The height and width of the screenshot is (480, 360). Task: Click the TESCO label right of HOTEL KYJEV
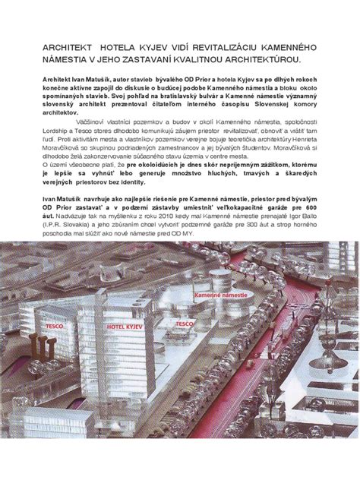coord(185,323)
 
